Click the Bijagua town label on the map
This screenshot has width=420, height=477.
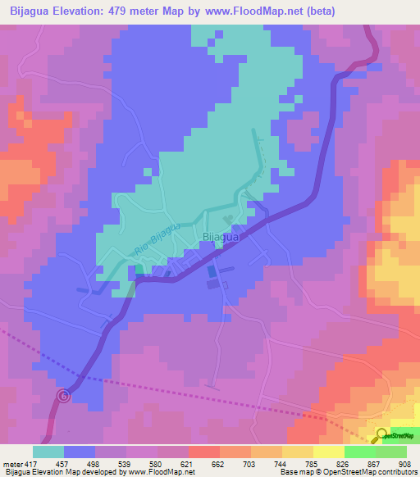click(219, 238)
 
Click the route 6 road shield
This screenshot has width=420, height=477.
click(65, 396)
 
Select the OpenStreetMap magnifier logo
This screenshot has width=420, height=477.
click(381, 435)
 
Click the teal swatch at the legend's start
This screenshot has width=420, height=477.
click(48, 452)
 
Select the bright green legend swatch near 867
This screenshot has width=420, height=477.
click(360, 452)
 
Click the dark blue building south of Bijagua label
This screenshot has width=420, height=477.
click(212, 271)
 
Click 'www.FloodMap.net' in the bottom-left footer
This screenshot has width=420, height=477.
click(165, 472)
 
